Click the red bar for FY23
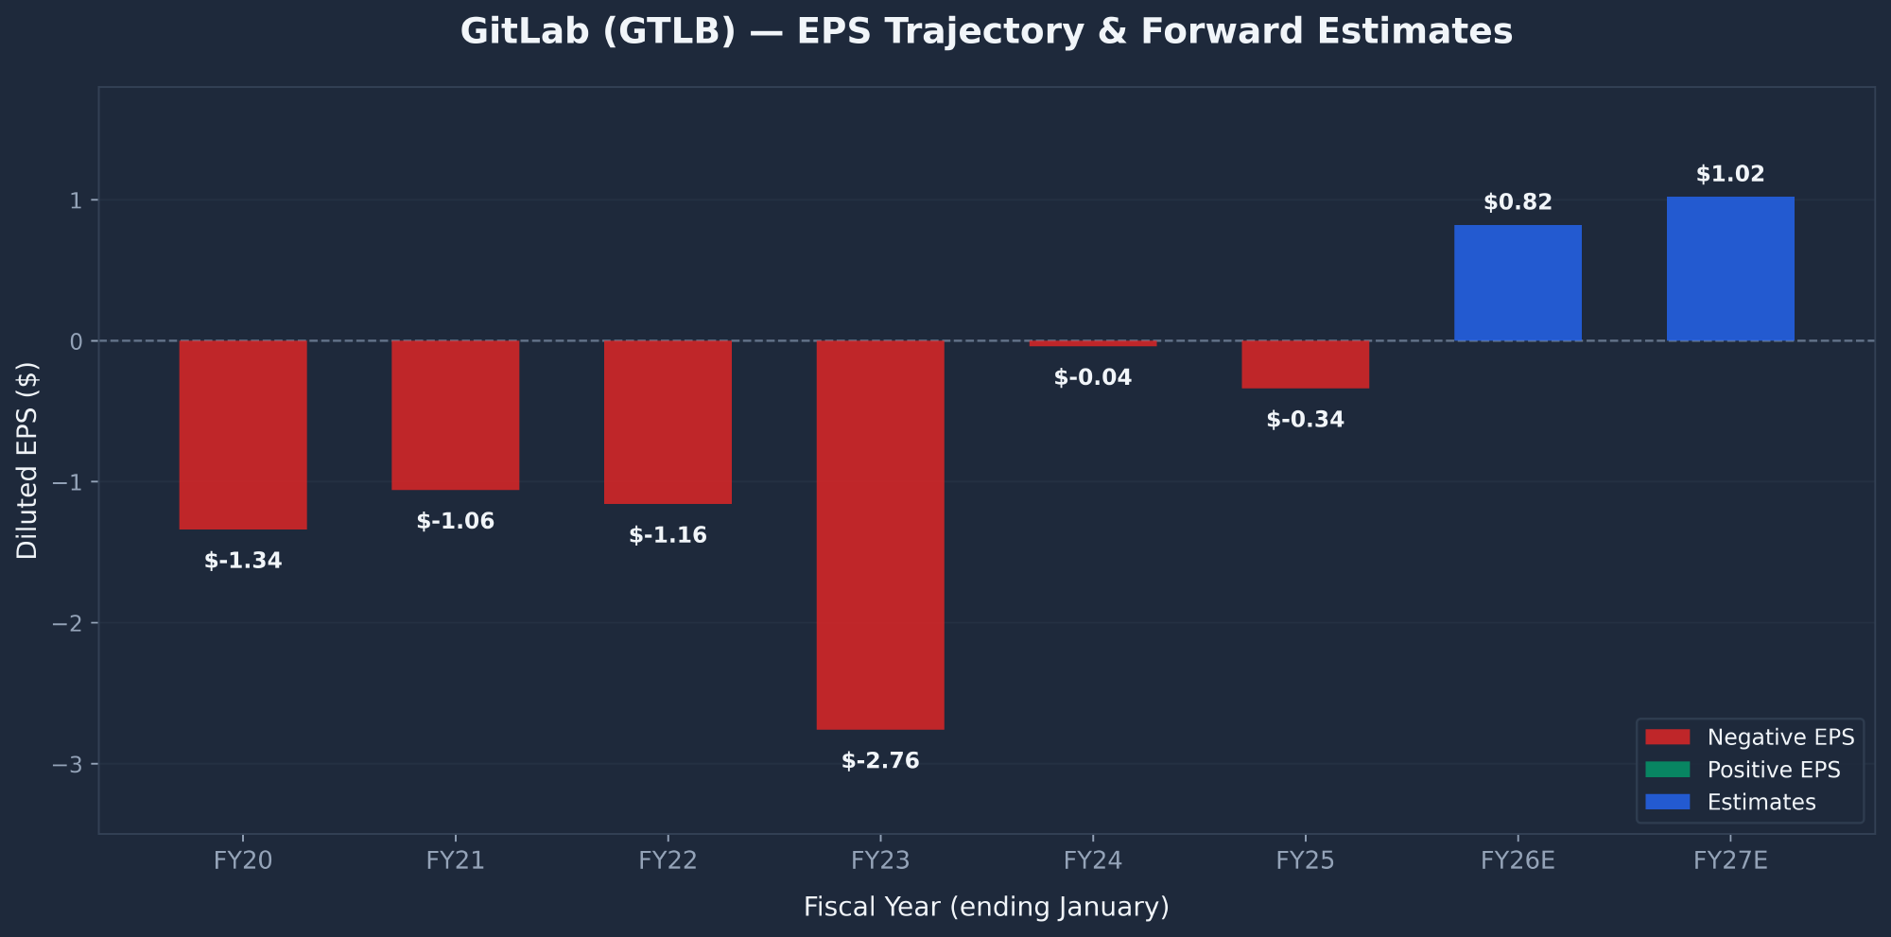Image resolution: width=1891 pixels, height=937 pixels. point(880,534)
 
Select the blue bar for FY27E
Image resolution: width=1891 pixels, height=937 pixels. point(1730,269)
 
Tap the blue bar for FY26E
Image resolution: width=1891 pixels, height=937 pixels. point(1518,283)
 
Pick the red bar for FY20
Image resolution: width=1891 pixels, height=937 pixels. point(243,434)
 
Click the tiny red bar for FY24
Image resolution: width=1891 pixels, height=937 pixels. point(1093,343)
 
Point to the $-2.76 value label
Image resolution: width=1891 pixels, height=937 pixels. point(880,761)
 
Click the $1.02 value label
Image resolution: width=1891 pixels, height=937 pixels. point(1730,174)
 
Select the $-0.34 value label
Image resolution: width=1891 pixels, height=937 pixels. point(1305,420)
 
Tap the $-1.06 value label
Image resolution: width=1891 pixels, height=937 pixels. point(456,521)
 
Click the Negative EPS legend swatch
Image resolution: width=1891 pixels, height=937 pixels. point(1667,737)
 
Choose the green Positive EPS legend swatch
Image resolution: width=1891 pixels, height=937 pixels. point(1667,770)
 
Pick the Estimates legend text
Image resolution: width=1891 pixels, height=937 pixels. point(1761,803)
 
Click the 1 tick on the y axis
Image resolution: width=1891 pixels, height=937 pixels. point(76,200)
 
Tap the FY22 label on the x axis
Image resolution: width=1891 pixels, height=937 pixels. point(668,860)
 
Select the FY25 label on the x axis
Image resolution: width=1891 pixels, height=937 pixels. point(1305,860)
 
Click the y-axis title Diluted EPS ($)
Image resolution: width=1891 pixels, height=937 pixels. point(27,460)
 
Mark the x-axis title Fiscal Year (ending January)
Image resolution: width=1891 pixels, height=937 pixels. point(986,908)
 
